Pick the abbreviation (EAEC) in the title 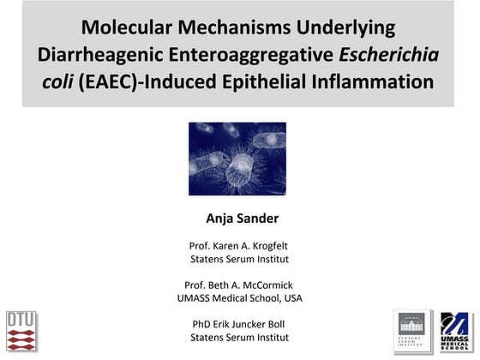106,84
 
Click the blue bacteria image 237,159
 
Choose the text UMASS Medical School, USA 239,297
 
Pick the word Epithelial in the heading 279,84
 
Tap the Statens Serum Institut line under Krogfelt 239,258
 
